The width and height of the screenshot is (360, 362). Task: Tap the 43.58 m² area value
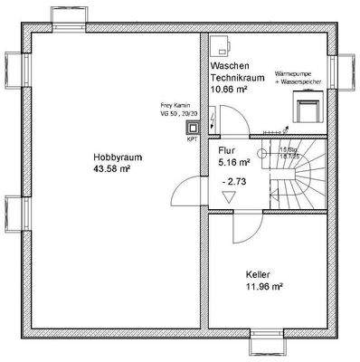pyautogui.click(x=113, y=168)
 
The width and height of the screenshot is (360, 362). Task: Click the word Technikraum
pyautogui.click(x=237, y=79)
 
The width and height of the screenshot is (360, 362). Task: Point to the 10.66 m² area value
pyautogui.click(x=231, y=90)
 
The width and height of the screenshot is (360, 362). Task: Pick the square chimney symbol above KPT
pyautogui.click(x=193, y=128)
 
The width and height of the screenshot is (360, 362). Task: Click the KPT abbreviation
pyautogui.click(x=192, y=140)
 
